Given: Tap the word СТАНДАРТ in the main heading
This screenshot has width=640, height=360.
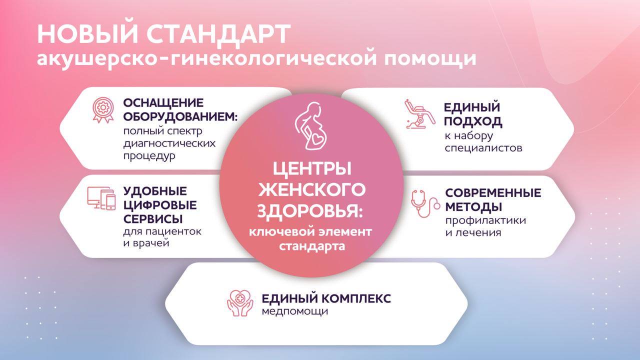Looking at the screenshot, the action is [x=219, y=35].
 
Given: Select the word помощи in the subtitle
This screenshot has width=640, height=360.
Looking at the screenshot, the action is [x=430, y=59].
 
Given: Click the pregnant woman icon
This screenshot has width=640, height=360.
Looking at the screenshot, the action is [x=310, y=126].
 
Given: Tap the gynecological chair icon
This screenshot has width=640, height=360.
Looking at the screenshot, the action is [x=419, y=114].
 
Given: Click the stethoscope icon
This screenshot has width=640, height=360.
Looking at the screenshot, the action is [x=425, y=203].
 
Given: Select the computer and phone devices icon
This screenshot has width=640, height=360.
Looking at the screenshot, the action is [x=101, y=198].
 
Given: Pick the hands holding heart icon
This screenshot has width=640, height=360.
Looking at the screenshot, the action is [x=240, y=303].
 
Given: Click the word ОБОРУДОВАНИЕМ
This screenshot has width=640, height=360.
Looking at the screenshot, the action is [x=180, y=117].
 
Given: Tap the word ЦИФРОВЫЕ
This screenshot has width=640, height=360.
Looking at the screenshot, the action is [x=160, y=205].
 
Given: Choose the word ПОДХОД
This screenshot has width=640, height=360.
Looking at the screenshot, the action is [x=473, y=121].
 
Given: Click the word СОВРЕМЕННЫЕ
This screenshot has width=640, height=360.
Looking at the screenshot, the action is [x=493, y=193].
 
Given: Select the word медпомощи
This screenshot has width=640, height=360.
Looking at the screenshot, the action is [x=294, y=311].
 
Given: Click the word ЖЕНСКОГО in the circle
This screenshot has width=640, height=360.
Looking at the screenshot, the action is [x=311, y=189].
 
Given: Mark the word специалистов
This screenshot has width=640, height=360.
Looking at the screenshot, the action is [x=483, y=148].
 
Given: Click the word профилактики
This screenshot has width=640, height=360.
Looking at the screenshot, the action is [x=485, y=220].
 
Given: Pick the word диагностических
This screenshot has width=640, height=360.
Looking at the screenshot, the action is [x=169, y=143].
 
